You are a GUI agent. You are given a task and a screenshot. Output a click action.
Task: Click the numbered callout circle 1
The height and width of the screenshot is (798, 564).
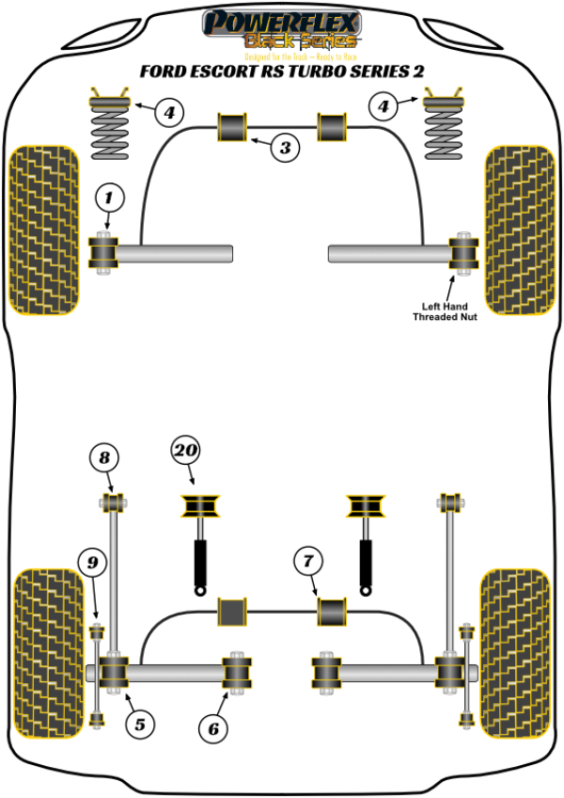point(109,198)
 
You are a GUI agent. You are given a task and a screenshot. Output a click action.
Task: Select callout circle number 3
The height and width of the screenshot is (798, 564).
point(286,147)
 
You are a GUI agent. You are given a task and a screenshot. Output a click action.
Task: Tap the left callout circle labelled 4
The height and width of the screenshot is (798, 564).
point(168,114)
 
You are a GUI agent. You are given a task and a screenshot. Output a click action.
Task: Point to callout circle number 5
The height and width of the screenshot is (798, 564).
point(139,724)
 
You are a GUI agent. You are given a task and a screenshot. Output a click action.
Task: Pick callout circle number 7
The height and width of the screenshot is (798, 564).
point(307,562)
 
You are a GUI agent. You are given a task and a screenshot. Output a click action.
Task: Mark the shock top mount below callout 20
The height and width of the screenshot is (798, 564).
point(198,505)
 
